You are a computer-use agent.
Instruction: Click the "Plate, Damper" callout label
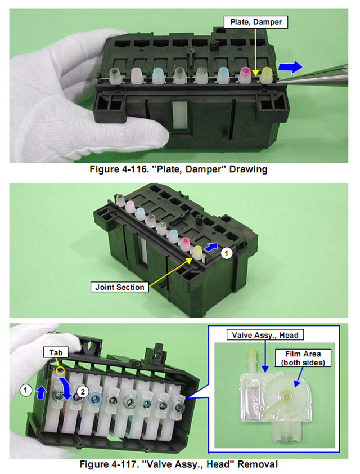pyautogui.click(x=256, y=22)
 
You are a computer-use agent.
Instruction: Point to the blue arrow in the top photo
pyautogui.click(x=290, y=67)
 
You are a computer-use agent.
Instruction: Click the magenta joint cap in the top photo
pyautogui.click(x=246, y=75)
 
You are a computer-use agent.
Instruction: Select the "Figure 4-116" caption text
pyautogui.click(x=178, y=169)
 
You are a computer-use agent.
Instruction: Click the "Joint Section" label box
pyautogui.click(x=120, y=287)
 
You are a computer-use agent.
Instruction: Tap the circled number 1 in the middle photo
pyautogui.click(x=227, y=253)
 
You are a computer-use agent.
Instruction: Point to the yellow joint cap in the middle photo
pyautogui.click(x=197, y=252)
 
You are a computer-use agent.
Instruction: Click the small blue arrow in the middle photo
pyautogui.click(x=211, y=247)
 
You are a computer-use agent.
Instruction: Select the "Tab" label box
pyautogui.click(x=56, y=352)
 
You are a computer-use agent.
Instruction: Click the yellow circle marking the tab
pyautogui.click(x=61, y=370)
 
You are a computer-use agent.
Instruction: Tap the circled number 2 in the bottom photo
pyautogui.click(x=83, y=392)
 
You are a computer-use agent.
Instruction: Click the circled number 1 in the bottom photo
pyautogui.click(x=25, y=390)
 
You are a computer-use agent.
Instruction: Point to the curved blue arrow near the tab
pyautogui.click(x=67, y=386)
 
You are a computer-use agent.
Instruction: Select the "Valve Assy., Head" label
pyautogui.click(x=265, y=335)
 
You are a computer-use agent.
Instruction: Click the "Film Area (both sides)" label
pyautogui.click(x=303, y=358)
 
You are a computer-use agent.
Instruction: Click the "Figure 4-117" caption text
pyautogui.click(x=179, y=464)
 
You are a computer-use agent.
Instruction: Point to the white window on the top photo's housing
pyautogui.click(x=180, y=116)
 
